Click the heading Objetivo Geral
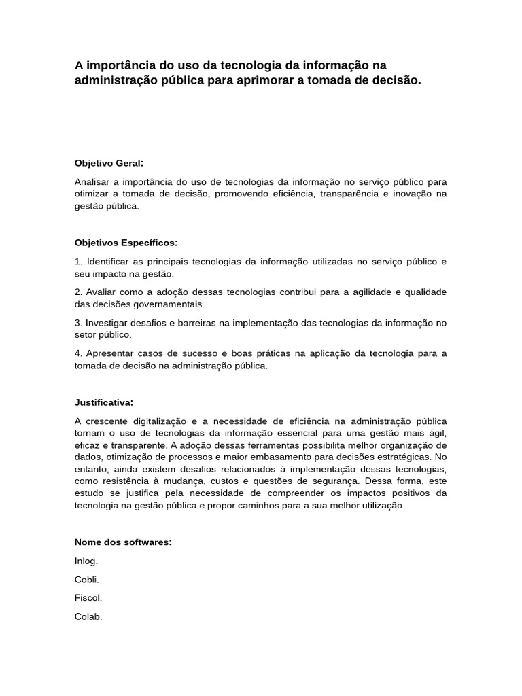click(x=109, y=163)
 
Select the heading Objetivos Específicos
click(x=126, y=243)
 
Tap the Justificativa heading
click(x=104, y=402)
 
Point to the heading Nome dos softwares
click(x=123, y=542)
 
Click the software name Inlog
click(x=86, y=561)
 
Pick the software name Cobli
click(x=87, y=580)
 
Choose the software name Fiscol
click(x=88, y=598)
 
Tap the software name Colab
click(x=88, y=617)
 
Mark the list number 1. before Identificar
click(x=78, y=262)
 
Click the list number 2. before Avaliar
click(x=78, y=292)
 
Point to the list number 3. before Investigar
click(x=78, y=323)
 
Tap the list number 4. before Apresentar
click(x=78, y=353)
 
